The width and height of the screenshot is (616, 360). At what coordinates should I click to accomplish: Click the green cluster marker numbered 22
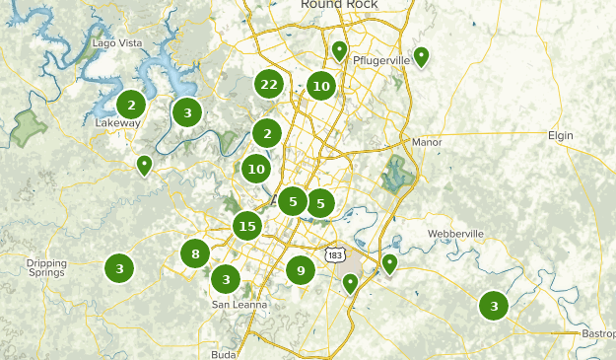point(268,85)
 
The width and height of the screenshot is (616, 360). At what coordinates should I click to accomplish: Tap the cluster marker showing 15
point(246,227)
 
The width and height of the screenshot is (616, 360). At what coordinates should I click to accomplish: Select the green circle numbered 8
point(195,254)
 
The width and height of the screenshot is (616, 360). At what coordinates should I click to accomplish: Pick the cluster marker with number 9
point(301,268)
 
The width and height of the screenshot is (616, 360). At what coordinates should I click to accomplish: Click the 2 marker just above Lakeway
point(131,104)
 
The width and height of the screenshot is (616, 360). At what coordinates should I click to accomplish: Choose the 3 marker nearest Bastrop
point(494,306)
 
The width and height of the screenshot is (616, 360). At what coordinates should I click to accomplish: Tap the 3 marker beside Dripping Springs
point(119,267)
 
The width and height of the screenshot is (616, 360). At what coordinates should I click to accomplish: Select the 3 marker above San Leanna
point(227,280)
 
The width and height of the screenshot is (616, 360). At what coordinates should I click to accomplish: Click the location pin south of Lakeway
point(144,164)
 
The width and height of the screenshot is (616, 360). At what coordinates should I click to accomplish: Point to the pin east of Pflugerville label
point(421,55)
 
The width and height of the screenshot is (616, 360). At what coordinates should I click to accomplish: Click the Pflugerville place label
point(380,60)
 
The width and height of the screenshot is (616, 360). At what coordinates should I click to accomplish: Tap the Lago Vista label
point(117,43)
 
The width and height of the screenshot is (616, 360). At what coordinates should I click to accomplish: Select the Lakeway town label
point(118,123)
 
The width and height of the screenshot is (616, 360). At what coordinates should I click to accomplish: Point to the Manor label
point(427,142)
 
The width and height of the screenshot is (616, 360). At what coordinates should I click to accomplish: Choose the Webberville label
point(456,234)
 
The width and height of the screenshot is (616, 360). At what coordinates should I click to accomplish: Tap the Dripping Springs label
point(46,268)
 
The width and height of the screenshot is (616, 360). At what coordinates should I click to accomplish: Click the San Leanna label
point(240,305)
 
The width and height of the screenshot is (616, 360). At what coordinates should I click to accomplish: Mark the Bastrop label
point(598,334)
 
